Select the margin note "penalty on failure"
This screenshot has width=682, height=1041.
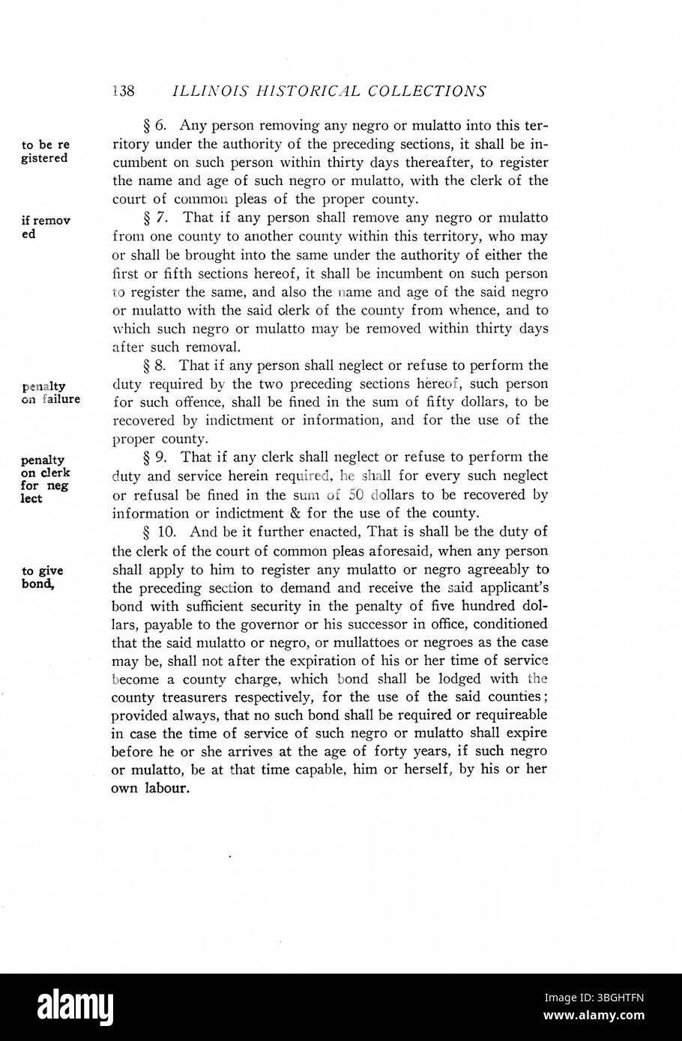[51, 393]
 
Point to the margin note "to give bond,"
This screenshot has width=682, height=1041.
[42, 577]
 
